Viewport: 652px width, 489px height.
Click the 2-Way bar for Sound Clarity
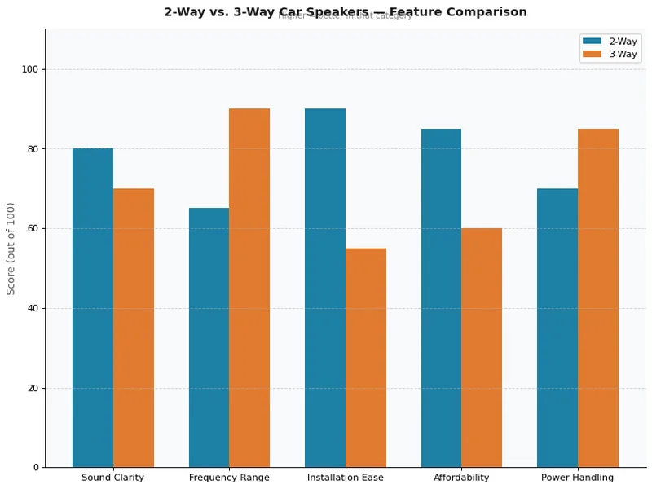[x=93, y=308]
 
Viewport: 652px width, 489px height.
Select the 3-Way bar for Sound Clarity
[x=134, y=328]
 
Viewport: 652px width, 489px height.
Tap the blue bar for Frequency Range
[x=209, y=337]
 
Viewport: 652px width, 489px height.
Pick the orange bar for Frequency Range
[x=249, y=288]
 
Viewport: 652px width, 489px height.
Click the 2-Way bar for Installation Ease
[x=325, y=288]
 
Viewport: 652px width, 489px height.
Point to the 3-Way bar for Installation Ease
[x=366, y=358]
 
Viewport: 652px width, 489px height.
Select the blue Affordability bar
[x=441, y=298]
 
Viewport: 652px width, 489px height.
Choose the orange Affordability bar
[x=482, y=348]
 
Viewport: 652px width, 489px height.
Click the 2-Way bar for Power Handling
[x=557, y=328]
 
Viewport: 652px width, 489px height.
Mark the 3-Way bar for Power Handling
[x=598, y=298]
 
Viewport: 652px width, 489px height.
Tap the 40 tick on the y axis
[x=33, y=308]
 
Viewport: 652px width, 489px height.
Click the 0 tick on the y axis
[x=36, y=468]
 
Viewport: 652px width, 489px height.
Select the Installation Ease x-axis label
[x=346, y=478]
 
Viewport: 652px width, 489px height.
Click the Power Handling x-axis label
[x=578, y=478]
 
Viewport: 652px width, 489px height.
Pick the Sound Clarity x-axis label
[x=113, y=478]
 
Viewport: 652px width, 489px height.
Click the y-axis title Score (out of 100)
[x=11, y=249]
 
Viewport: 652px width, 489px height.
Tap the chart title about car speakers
[x=346, y=12]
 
